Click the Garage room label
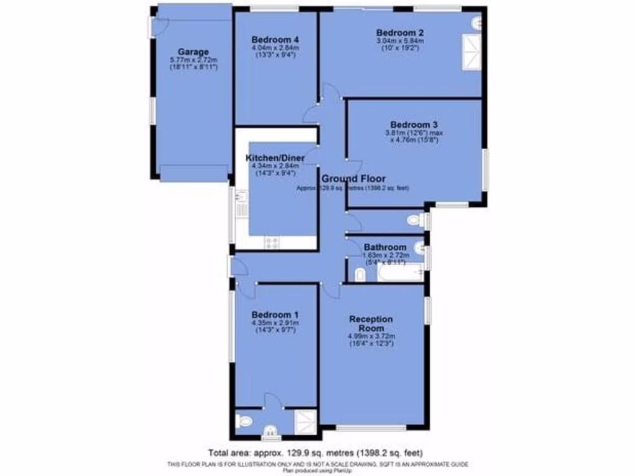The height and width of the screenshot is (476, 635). [193, 51]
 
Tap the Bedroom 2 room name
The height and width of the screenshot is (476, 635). [399, 32]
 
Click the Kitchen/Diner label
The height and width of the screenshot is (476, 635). [274, 157]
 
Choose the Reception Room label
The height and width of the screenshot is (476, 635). [371, 323]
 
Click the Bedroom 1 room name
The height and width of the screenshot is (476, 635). [275, 314]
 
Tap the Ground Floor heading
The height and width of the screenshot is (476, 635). [353, 178]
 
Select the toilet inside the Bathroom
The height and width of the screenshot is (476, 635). [360, 275]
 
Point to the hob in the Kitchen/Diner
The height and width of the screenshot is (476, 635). [272, 242]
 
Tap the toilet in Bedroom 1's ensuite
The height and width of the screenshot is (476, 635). [244, 421]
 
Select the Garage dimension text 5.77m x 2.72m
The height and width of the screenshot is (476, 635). [193, 60]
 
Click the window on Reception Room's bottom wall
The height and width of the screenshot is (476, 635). [371, 427]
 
